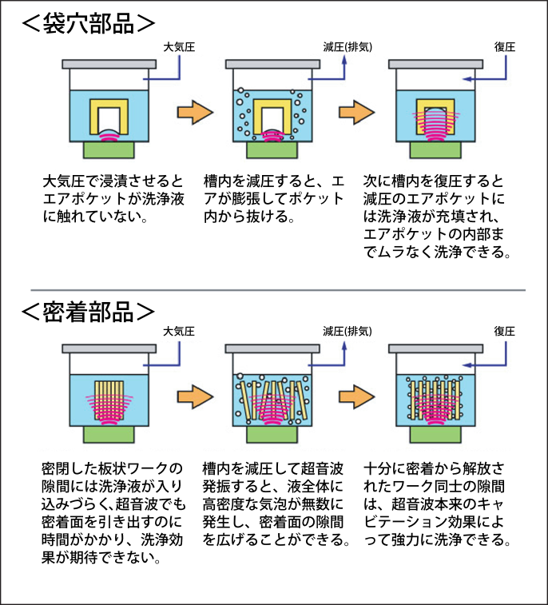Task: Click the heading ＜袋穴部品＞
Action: pyautogui.click(x=87, y=23)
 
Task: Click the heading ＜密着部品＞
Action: pyautogui.click(x=87, y=311)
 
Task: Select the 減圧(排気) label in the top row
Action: pyautogui.click(x=339, y=47)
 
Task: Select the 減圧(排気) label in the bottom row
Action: pyautogui.click(x=339, y=330)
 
